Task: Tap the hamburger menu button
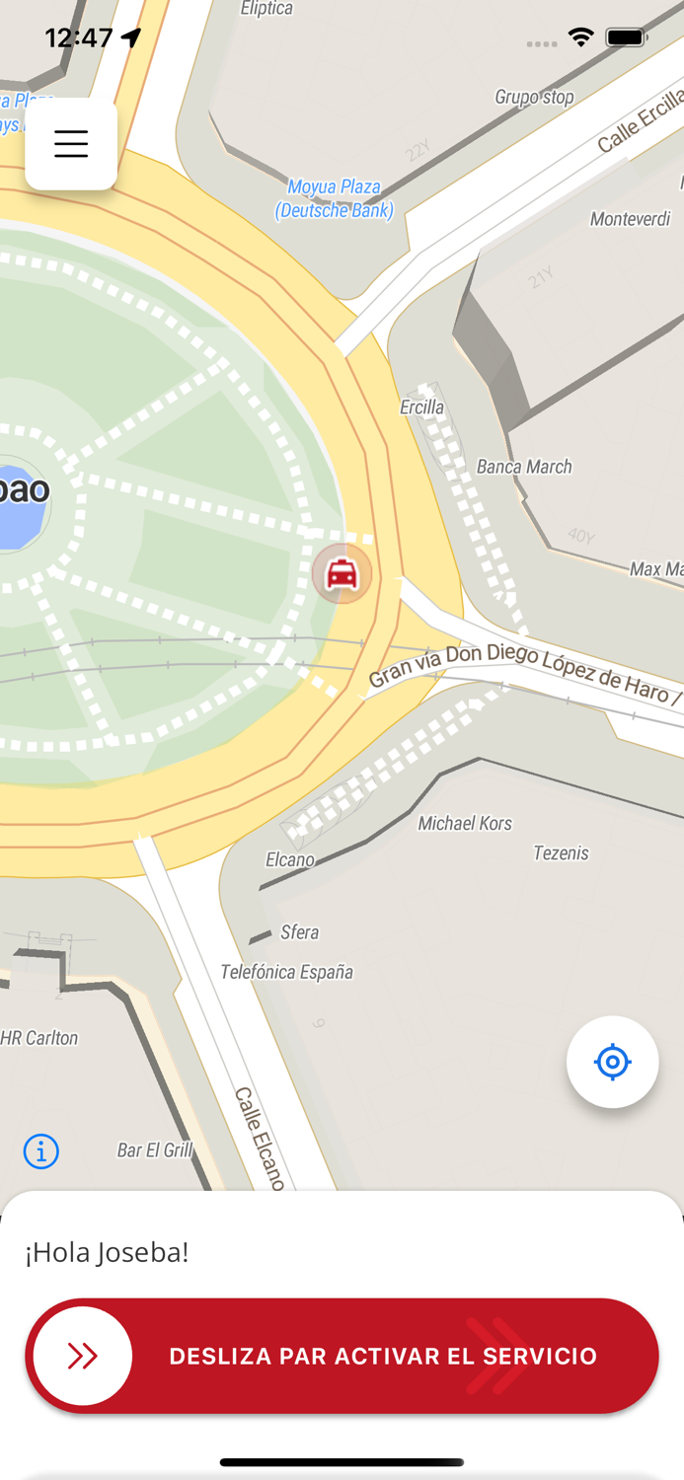[71, 144]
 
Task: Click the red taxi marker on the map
[342, 573]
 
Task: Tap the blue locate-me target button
[612, 1062]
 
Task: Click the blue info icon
[41, 1150]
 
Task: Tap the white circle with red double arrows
[83, 1356]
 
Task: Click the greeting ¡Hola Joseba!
[107, 1252]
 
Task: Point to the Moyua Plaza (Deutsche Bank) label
[335, 198]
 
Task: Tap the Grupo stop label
[534, 97]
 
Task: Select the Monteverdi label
[630, 219]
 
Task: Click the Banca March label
[524, 467]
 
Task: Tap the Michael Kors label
[465, 823]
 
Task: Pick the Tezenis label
[561, 852]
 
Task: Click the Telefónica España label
[286, 972]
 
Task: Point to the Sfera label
[299, 932]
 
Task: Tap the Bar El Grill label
[155, 1149]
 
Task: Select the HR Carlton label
[39, 1038]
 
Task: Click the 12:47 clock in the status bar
[79, 38]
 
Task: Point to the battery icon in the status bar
[626, 38]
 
